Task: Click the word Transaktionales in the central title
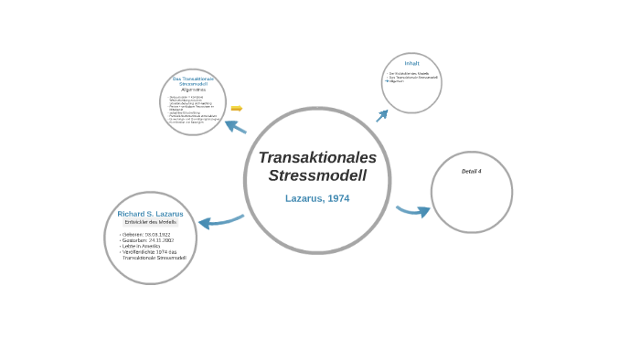point(317,157)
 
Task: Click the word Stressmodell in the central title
point(317,175)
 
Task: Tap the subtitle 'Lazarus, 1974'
point(317,198)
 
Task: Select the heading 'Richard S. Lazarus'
point(150,214)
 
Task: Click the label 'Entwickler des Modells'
point(150,223)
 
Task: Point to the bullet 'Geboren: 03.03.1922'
point(146,235)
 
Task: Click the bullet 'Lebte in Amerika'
point(142,247)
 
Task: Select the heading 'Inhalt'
point(411,63)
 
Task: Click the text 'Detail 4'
point(471,172)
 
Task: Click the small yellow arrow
point(236,109)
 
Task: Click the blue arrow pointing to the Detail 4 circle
point(413,211)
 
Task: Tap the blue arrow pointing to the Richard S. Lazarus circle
point(220,221)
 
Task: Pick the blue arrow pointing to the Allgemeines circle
point(236,126)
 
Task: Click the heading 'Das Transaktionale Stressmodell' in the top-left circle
point(193,81)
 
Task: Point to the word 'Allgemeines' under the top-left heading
point(193,90)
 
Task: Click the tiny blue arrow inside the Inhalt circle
point(386,81)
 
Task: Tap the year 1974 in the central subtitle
point(338,198)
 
